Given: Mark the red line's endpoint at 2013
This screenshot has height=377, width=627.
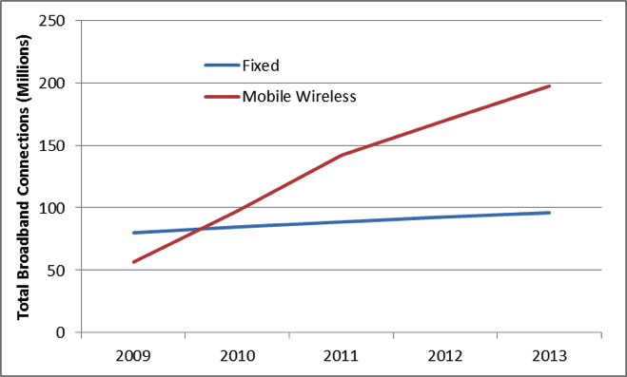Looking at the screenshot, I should coord(549,86).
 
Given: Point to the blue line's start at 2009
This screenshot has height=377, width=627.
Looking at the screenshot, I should coord(133,233).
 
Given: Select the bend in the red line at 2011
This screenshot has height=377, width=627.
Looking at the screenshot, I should coord(341,155).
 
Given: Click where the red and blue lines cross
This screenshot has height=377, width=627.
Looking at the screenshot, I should coord(195,229).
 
